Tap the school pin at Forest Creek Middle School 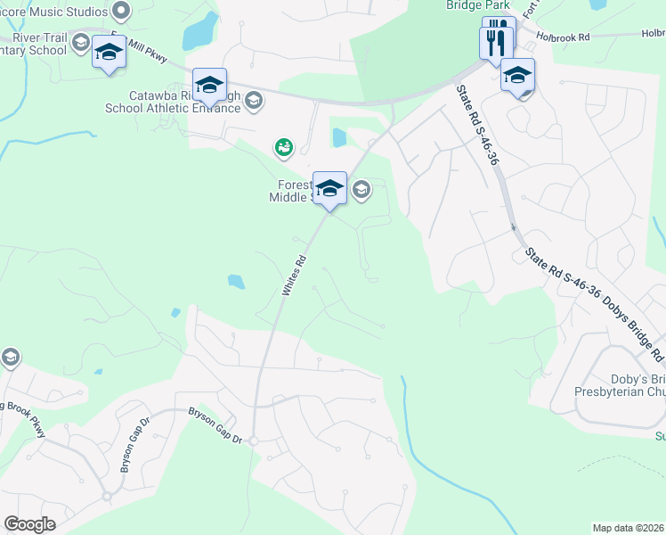pos(329,188)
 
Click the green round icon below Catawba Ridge pos(283,147)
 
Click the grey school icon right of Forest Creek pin pos(361,188)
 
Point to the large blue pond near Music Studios pos(199,33)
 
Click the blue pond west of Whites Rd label pos(236,282)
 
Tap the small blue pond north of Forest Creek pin pos(339,137)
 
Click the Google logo pos(29,524)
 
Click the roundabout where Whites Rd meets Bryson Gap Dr pos(253,441)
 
